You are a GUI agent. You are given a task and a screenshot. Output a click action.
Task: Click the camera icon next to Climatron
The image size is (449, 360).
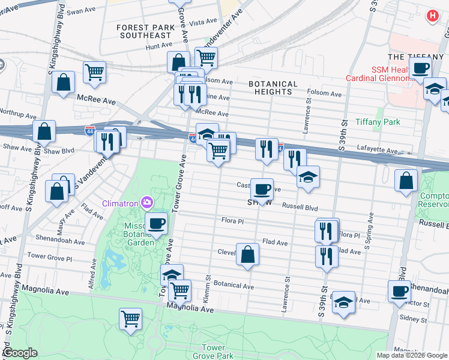pos(146,201)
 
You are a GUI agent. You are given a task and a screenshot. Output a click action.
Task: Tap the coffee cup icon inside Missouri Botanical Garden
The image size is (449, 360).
pos(157,223)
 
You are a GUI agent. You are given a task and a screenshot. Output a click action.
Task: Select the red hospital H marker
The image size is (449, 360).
pos(432,16)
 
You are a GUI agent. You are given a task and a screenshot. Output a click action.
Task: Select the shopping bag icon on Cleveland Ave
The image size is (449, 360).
pos(247,254)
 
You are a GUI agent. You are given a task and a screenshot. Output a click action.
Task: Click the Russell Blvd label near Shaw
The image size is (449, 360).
pos(300,208)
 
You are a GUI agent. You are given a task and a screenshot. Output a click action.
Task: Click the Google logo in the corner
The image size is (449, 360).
pos(20,353)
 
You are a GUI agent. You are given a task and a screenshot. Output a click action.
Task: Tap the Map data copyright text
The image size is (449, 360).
pos(412,355)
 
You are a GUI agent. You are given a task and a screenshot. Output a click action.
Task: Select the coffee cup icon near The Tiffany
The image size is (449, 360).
pos(421,67)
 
